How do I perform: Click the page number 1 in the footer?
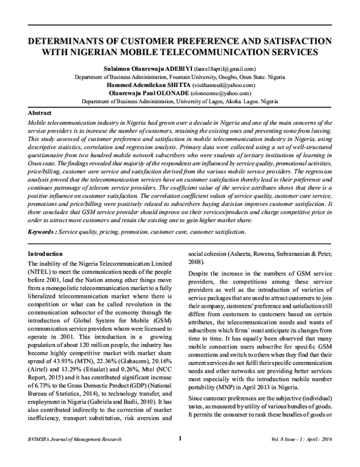(180, 454)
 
